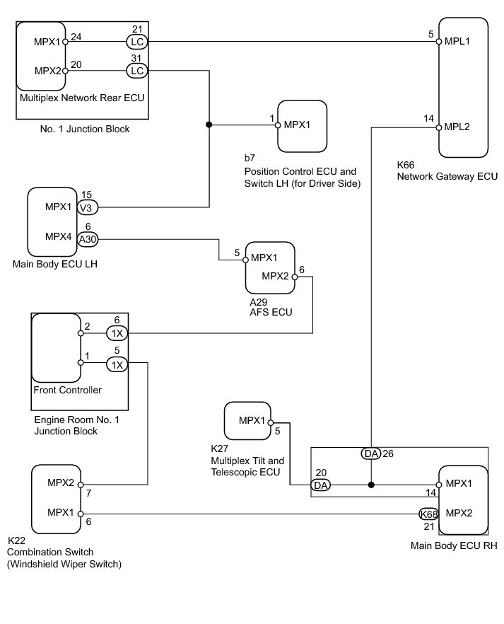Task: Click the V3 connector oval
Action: (88, 207)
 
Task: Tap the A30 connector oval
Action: (88, 239)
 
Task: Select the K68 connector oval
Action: (428, 514)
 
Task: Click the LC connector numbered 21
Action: (136, 41)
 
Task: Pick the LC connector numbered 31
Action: (136, 71)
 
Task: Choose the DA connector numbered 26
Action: (371, 453)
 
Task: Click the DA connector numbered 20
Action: (320, 485)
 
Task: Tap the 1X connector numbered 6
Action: (117, 333)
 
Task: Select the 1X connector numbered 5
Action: (117, 364)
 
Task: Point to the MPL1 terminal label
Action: (458, 41)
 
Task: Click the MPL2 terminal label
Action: (458, 127)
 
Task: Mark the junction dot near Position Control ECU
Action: (209, 125)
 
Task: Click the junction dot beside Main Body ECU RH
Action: (371, 485)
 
